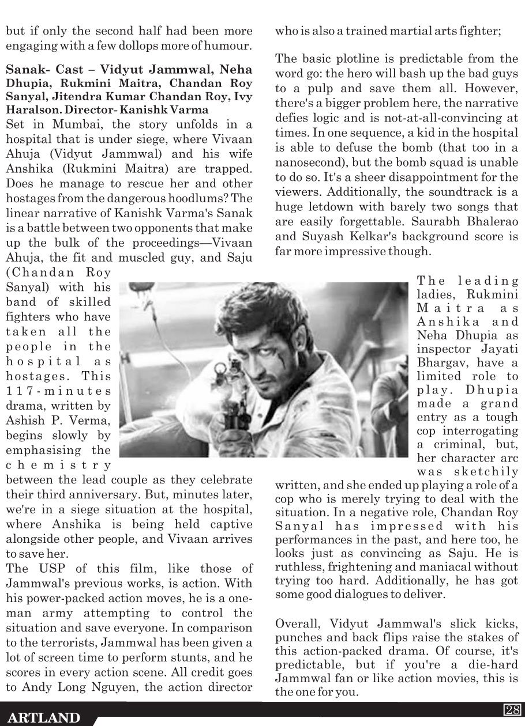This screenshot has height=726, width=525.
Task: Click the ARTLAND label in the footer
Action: tap(43, 717)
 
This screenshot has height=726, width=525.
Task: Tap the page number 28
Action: tap(512, 710)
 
